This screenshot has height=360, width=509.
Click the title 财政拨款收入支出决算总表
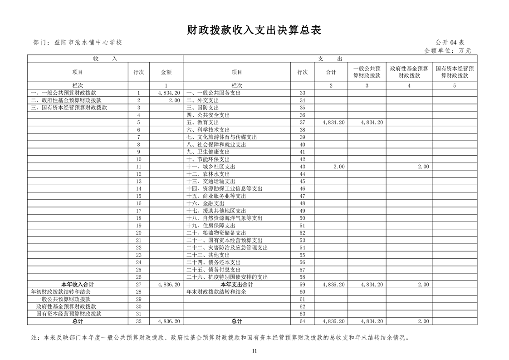point(254,30)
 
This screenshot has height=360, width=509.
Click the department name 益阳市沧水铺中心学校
point(88,43)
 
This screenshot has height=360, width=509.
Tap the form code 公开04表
point(453,43)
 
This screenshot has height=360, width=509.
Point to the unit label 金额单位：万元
point(447,50)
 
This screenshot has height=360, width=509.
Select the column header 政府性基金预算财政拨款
point(409,72)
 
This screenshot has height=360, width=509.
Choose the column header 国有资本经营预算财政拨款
point(454,72)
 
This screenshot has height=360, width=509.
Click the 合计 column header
point(331,72)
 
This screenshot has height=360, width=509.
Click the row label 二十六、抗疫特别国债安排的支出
point(227,277)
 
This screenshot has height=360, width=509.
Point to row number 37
point(302,123)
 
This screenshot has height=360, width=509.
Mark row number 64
point(302,321)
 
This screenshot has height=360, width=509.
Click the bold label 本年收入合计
point(78,284)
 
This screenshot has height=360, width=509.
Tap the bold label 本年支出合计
point(236,284)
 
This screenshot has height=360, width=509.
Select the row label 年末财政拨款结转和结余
point(216,292)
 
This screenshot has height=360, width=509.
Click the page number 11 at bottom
point(254,350)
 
